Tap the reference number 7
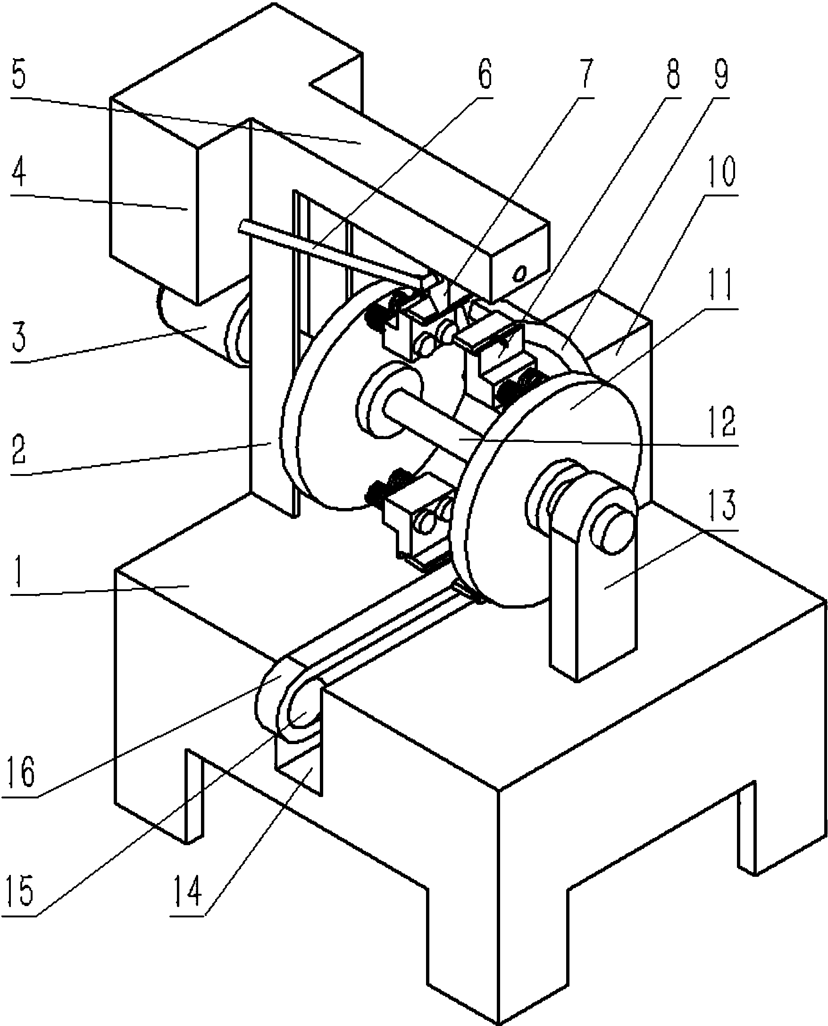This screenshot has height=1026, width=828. pos(585,72)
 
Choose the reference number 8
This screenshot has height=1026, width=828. pos(672,72)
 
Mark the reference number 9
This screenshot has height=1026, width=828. pos(721,72)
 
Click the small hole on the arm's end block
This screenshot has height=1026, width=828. pos(520,273)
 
